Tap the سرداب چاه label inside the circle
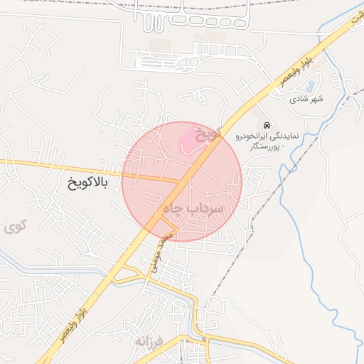[194, 208]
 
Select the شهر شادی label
[306, 99]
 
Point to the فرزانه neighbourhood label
[149, 341]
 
